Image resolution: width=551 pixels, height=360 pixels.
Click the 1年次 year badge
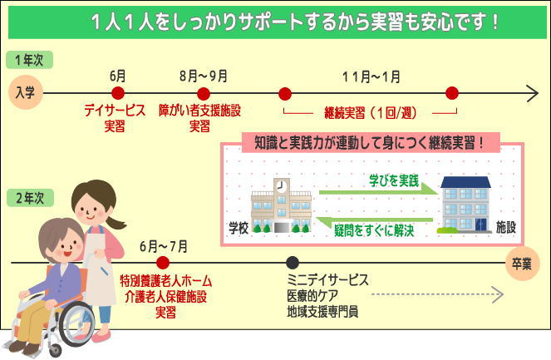(x=30, y=60)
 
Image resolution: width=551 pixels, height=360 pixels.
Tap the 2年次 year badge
(x=30, y=198)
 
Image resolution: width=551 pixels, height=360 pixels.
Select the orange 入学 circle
(x=26, y=92)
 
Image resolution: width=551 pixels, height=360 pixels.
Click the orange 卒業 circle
(x=522, y=264)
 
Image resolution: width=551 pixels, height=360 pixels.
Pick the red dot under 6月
(x=118, y=93)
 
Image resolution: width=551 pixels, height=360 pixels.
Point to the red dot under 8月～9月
(x=204, y=94)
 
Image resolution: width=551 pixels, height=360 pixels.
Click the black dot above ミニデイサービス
(x=293, y=263)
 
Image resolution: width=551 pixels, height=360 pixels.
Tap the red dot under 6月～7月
(x=163, y=263)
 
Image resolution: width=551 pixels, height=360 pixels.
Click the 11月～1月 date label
(x=371, y=76)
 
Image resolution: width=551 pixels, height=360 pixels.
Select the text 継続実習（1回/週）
(x=371, y=113)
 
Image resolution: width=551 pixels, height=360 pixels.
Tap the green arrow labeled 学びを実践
(x=379, y=191)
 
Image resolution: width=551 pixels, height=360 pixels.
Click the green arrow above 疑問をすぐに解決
(x=374, y=220)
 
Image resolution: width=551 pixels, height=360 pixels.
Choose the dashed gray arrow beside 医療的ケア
(x=437, y=294)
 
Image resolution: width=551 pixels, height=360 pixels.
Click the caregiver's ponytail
(x=116, y=222)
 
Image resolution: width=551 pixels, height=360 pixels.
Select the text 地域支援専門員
(x=322, y=312)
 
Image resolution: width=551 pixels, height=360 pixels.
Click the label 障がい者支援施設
(x=199, y=111)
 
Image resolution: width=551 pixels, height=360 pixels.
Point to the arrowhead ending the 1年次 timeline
(x=534, y=93)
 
